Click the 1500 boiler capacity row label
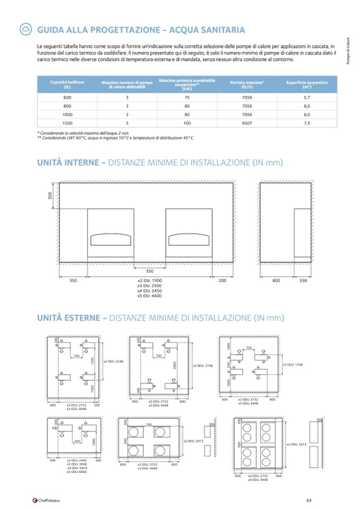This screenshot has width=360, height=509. pos(67,123)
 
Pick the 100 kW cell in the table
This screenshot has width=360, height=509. pos(187,123)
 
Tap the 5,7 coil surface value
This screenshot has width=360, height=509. pos(307,98)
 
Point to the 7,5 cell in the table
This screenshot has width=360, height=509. pos(307,123)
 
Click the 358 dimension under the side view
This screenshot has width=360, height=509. pos(303,280)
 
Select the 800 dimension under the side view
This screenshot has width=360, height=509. pos(276,280)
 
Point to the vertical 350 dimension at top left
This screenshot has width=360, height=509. pos(51,196)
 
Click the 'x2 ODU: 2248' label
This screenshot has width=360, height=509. pos(113,361)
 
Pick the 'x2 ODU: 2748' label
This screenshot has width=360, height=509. pos(203,366)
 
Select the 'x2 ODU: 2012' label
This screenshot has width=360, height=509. pos(193,441)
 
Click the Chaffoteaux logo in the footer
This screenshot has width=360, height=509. pos(47,499)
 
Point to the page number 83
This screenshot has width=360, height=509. pos(309,499)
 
